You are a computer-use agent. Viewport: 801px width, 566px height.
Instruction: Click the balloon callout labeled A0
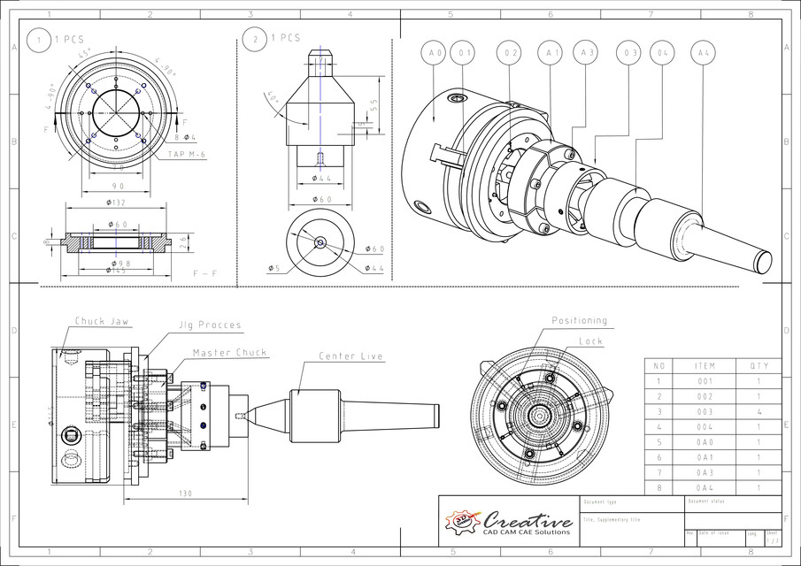pos(434,54)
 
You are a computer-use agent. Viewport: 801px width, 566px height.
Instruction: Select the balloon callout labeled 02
pos(510,54)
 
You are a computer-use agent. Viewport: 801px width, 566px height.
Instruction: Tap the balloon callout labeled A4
pos(704,54)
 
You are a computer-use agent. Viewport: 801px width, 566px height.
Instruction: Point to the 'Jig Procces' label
pos(211,325)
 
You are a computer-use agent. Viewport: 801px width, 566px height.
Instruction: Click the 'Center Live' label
pos(351,356)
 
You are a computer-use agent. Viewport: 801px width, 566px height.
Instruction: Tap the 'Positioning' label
pos(580,320)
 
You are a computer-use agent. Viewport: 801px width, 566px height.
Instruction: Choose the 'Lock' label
pos(590,340)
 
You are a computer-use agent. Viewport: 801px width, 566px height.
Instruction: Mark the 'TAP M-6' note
pos(187,154)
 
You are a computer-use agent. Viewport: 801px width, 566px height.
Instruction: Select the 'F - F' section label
pos(205,274)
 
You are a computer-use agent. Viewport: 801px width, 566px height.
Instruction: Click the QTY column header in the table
pos(759,364)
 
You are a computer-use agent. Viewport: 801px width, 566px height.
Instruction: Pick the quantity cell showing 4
pos(759,411)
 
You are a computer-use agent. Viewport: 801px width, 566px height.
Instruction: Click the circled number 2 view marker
pos(255,39)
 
